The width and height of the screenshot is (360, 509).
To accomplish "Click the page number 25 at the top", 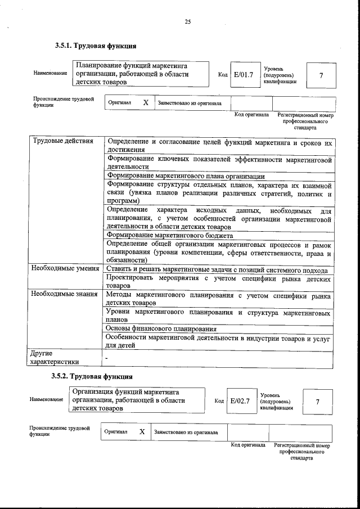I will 188,22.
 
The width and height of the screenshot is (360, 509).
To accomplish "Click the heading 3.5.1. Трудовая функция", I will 96,46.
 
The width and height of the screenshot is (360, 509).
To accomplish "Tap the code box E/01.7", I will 244,74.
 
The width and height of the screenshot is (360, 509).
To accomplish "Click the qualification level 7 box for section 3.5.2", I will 317,402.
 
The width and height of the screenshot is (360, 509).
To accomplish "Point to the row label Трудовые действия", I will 62,141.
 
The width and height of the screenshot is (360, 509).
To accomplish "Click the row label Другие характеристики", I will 55,357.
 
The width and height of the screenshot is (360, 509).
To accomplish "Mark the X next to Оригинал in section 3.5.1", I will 146,103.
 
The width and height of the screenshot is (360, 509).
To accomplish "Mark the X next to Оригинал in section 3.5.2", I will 142,431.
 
